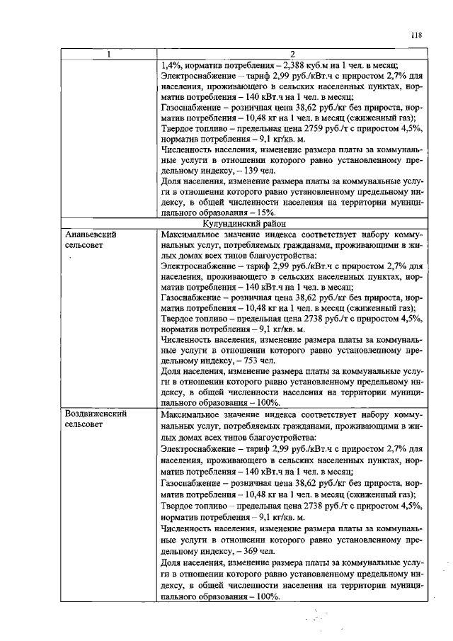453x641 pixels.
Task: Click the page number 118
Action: tap(415, 35)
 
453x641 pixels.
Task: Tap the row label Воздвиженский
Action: tap(96, 414)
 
